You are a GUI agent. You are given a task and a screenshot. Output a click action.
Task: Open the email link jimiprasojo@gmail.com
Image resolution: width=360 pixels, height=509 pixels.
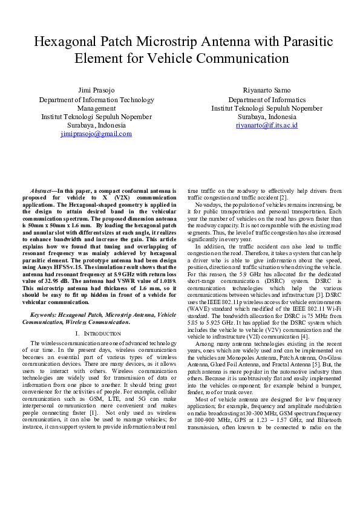coord(96,134)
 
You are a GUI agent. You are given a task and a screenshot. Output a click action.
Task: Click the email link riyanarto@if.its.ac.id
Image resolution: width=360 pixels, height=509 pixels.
coord(267,125)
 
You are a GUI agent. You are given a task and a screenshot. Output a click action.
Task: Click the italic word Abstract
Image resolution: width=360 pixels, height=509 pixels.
coord(42,190)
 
